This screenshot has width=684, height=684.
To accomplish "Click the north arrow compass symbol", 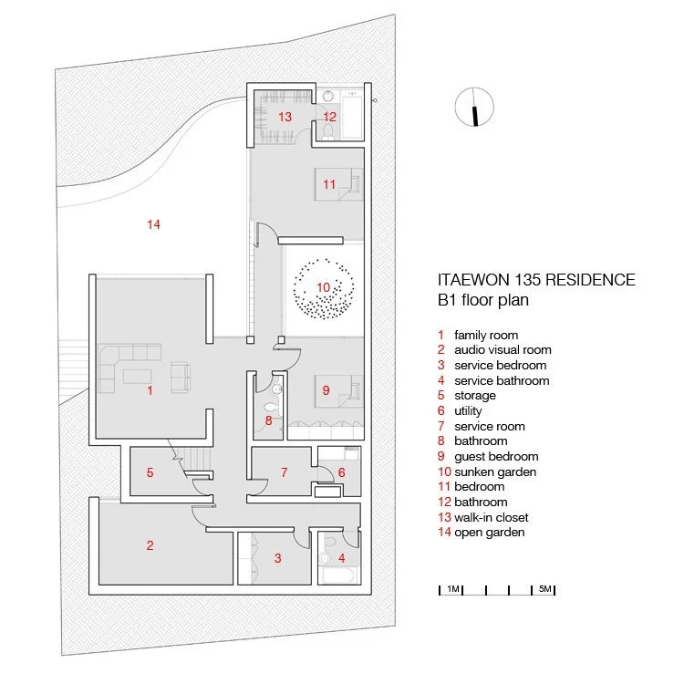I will coord(473,107).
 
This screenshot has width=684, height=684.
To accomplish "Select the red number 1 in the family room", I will coord(150,390).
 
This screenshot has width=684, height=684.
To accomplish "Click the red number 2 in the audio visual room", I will coord(150,545).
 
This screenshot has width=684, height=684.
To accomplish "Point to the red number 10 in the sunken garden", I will coord(324,287).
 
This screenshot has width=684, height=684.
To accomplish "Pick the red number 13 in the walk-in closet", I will coord(285,117).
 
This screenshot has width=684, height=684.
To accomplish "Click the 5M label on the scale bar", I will coord(544,589).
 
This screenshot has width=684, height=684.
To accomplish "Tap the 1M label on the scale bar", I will coord(452,589).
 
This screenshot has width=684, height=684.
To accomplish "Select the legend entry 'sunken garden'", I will coord(495,472).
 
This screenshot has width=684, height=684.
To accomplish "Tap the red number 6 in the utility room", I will coord(342,472).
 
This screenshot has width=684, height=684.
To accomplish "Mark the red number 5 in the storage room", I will coord(150,472).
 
